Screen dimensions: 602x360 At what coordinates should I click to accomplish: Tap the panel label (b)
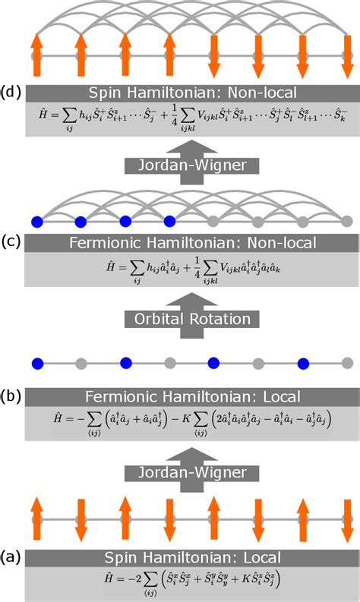pos(11,396)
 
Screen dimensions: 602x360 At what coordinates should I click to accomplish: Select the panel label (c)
pos(11,242)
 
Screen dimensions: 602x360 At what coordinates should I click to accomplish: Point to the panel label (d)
pos(11,93)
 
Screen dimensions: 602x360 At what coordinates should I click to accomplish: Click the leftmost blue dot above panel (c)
pos(36,222)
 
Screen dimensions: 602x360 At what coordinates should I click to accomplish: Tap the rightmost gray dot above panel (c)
pos(347,222)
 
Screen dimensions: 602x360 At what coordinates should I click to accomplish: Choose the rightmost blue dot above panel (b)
pos(303,361)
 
